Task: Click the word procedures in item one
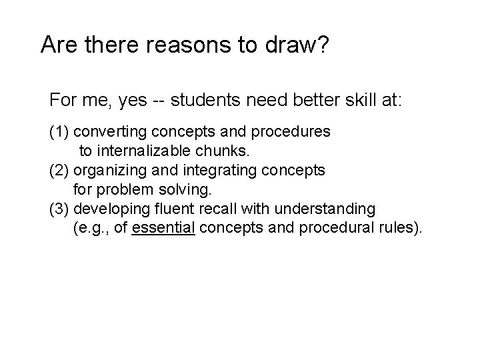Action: click(x=295, y=133)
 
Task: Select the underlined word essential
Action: click(x=164, y=228)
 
